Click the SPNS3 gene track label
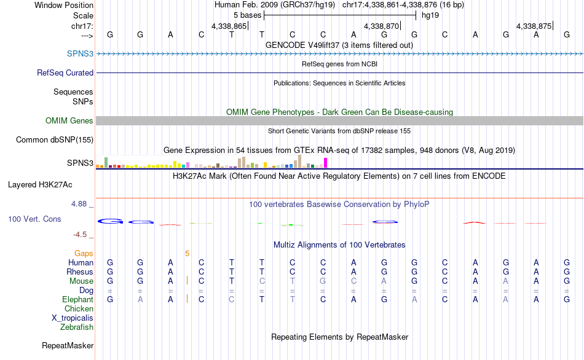point(80,54)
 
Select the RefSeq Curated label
point(65,72)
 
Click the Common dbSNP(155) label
point(54,140)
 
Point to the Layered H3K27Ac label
point(48,184)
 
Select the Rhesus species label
point(81,272)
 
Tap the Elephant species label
point(78,299)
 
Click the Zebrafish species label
point(77,327)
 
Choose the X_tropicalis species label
point(73,318)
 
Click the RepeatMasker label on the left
point(68,346)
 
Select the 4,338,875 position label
point(534,26)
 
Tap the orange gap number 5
point(187,253)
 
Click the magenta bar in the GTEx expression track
point(325,162)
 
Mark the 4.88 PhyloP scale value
point(81,204)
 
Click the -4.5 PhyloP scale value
point(82,234)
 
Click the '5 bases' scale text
point(247,15)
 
